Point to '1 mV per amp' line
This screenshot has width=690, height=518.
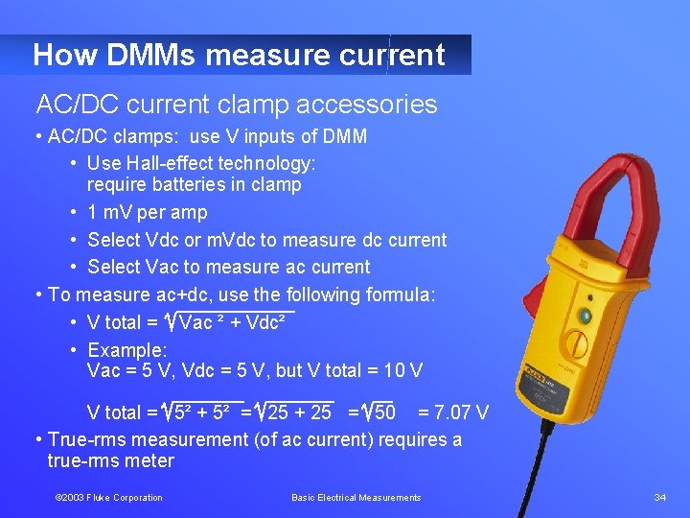pyautogui.click(x=147, y=212)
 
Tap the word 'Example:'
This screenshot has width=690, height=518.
pyautogui.click(x=127, y=350)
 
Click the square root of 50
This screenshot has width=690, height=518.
pyautogui.click(x=375, y=412)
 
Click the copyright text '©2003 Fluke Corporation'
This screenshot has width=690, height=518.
pyautogui.click(x=108, y=498)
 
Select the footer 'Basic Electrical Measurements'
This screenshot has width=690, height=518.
pyautogui.click(x=356, y=498)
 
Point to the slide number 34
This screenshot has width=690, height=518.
pyautogui.click(x=659, y=497)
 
